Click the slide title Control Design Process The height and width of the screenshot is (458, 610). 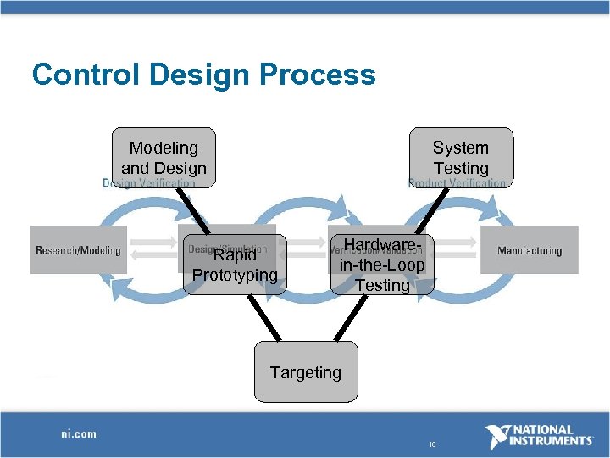[x=203, y=75]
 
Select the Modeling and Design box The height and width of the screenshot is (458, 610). [x=164, y=157]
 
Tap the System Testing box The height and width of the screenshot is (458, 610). [x=461, y=157]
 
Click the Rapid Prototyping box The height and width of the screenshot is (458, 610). [x=234, y=265]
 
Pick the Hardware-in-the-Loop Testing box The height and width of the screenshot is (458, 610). [x=382, y=265]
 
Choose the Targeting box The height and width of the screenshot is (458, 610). [x=305, y=371]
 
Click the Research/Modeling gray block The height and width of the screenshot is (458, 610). [x=78, y=250]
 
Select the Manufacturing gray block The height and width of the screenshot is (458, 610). [x=530, y=250]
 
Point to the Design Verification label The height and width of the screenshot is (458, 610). [x=149, y=183]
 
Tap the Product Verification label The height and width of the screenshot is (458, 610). [x=457, y=183]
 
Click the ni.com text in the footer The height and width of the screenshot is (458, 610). [x=78, y=433]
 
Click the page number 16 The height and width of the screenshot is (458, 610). [x=431, y=444]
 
